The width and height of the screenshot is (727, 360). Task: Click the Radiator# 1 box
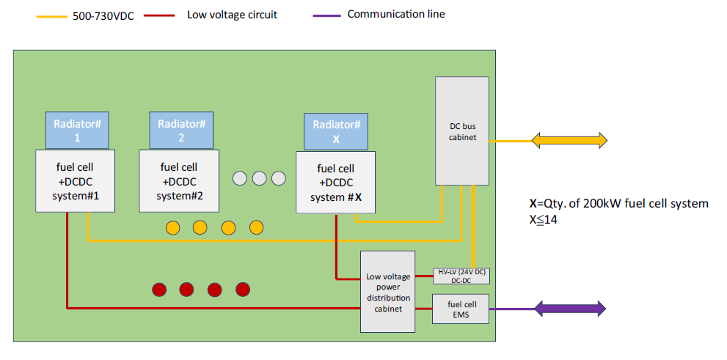77,131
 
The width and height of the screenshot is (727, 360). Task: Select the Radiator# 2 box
180,130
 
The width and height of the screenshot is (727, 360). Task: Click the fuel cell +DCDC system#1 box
76,182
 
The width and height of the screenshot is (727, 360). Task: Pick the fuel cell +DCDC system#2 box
180,181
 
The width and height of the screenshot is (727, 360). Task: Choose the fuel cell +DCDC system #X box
335,183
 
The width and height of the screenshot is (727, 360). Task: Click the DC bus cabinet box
462,131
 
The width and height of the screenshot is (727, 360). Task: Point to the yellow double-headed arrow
570,141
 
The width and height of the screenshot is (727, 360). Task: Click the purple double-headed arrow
570,309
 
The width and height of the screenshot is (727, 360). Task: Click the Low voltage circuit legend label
232,15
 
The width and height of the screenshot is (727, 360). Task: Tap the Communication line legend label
396,14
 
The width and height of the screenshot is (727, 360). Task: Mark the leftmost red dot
158,290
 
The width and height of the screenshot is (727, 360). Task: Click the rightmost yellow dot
255,227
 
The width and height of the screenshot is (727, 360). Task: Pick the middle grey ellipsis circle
258,178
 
